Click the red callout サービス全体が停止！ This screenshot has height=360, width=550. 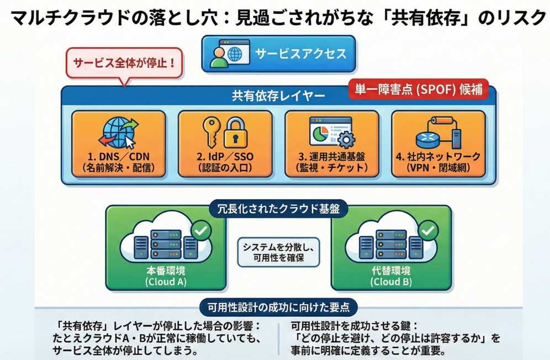tap(124, 63)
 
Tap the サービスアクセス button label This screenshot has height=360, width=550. tap(301, 53)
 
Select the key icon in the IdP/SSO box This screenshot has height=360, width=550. tap(211, 130)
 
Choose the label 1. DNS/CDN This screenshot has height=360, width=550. tap(117, 156)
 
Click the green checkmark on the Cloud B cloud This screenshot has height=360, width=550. tap(426, 229)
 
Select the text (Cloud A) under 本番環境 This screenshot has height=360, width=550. tap(166, 282)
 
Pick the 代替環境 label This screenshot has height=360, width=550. tap(392, 271)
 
